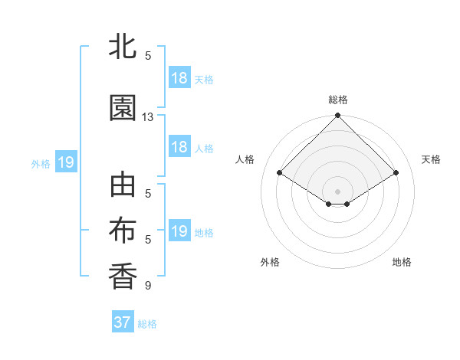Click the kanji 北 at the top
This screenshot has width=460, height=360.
[x=123, y=47]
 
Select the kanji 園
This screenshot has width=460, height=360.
[x=123, y=108]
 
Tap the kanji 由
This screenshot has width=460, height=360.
[x=123, y=187]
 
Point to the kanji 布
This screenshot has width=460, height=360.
[x=123, y=231]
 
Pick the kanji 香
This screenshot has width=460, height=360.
[x=123, y=276]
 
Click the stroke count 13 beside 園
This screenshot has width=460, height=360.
[x=148, y=117]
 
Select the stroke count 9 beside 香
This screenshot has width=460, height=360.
[x=148, y=286]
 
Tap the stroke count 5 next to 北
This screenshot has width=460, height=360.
[x=148, y=56]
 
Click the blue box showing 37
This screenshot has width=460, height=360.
[x=123, y=322]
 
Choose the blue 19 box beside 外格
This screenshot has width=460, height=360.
[x=65, y=162]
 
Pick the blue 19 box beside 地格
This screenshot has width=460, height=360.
[x=179, y=231]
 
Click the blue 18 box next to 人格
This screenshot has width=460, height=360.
[x=179, y=147]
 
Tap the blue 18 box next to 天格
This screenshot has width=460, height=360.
[x=179, y=78]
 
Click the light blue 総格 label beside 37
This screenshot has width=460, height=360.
[x=147, y=324]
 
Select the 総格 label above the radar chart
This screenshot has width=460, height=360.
[x=337, y=100]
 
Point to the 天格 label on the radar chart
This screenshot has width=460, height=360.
[x=432, y=159]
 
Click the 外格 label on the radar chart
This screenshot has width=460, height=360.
[x=270, y=262]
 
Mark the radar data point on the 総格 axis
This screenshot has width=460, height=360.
[x=337, y=116]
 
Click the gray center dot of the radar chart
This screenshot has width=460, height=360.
[x=337, y=191]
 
